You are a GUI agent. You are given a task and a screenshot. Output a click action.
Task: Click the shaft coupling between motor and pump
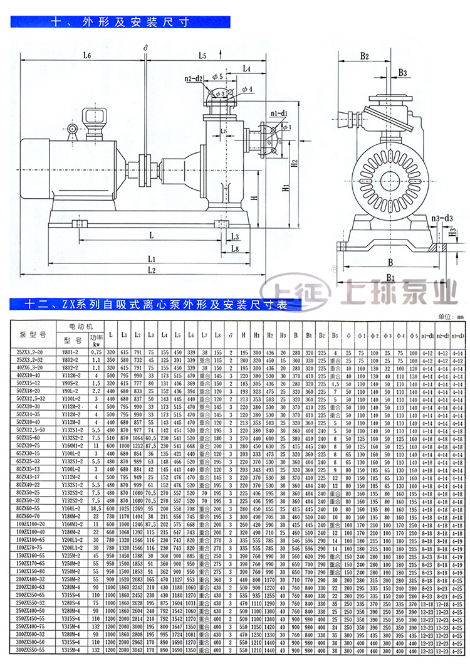[148, 164]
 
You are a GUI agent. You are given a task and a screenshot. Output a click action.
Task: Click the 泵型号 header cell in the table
[29, 333]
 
